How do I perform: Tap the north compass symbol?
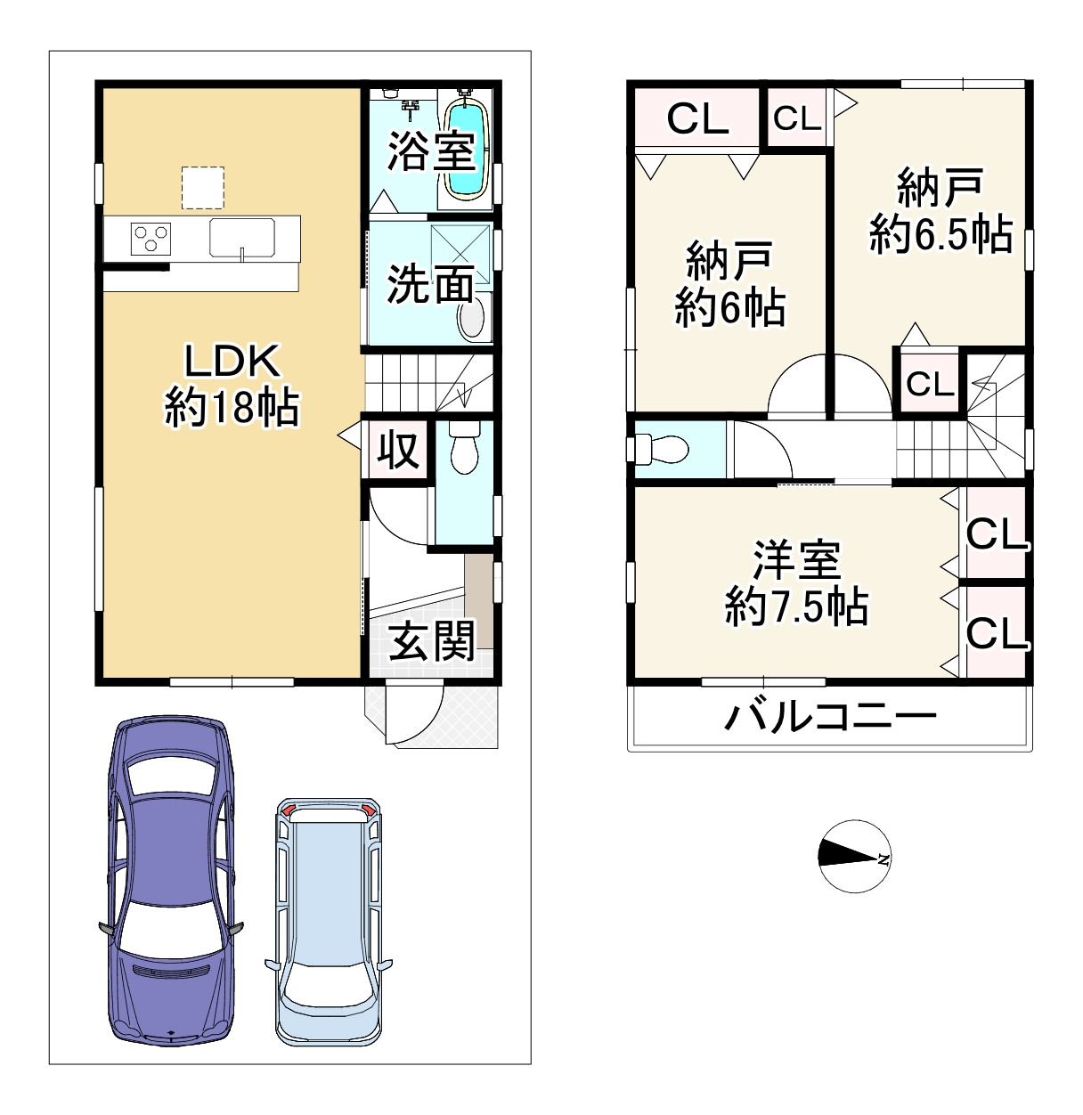click(853, 856)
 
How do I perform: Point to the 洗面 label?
click(429, 285)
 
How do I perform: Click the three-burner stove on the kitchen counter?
click(150, 239)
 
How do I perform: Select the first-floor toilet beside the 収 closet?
click(464, 448)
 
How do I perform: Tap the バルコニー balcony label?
click(830, 716)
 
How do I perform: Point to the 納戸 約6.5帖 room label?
click(940, 211)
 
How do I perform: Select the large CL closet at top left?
click(697, 118)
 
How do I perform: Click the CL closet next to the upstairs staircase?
click(930, 384)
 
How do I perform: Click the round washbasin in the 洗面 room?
click(473, 319)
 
